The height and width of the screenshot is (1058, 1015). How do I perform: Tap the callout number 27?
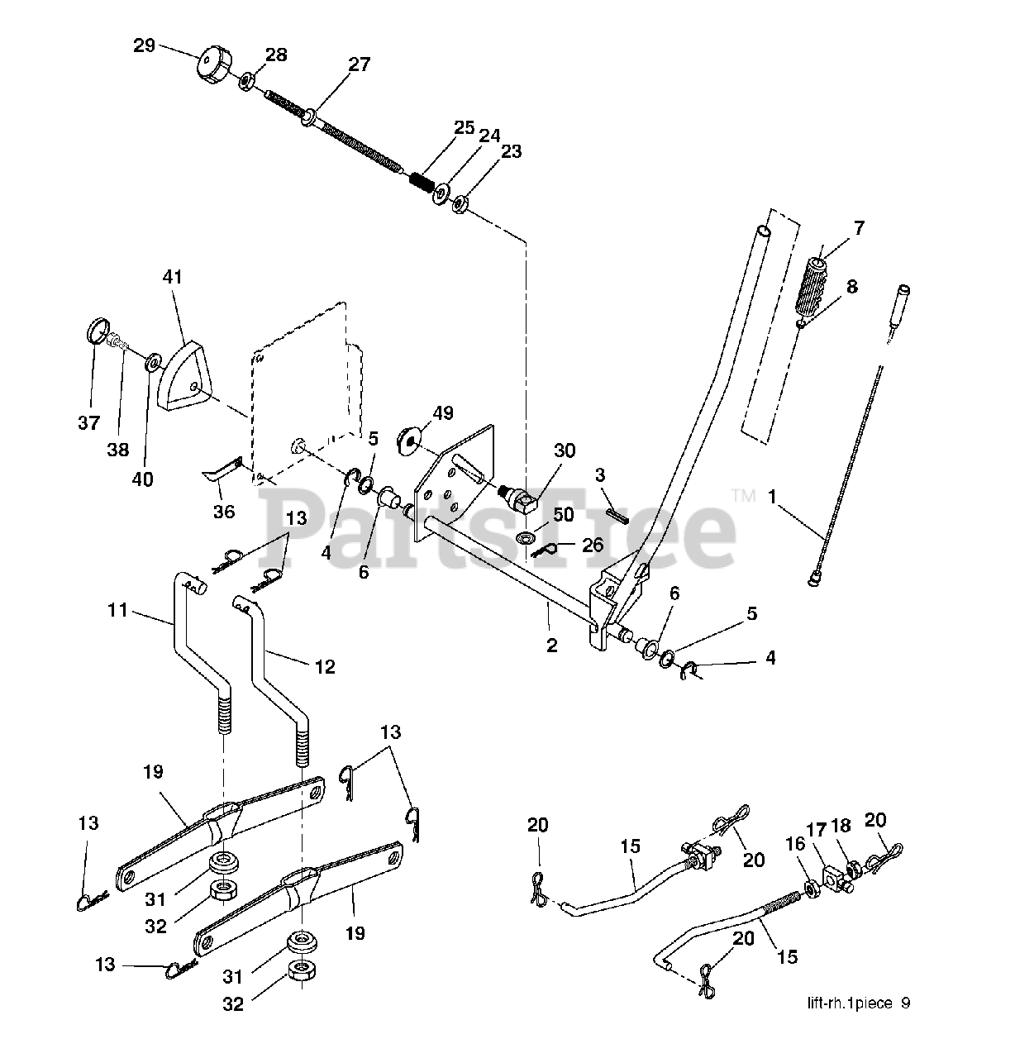(360, 64)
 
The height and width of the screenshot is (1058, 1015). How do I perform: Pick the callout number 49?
(443, 412)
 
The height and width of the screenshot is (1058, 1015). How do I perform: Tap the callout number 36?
(223, 511)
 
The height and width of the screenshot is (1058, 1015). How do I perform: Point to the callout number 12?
(325, 666)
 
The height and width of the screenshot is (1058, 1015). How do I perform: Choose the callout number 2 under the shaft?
(552, 646)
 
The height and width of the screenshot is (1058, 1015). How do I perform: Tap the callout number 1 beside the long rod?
(772, 496)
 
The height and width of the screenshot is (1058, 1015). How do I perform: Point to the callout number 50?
(563, 514)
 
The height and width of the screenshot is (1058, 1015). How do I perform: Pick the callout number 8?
(852, 286)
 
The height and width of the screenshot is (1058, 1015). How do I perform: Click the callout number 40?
(142, 479)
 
